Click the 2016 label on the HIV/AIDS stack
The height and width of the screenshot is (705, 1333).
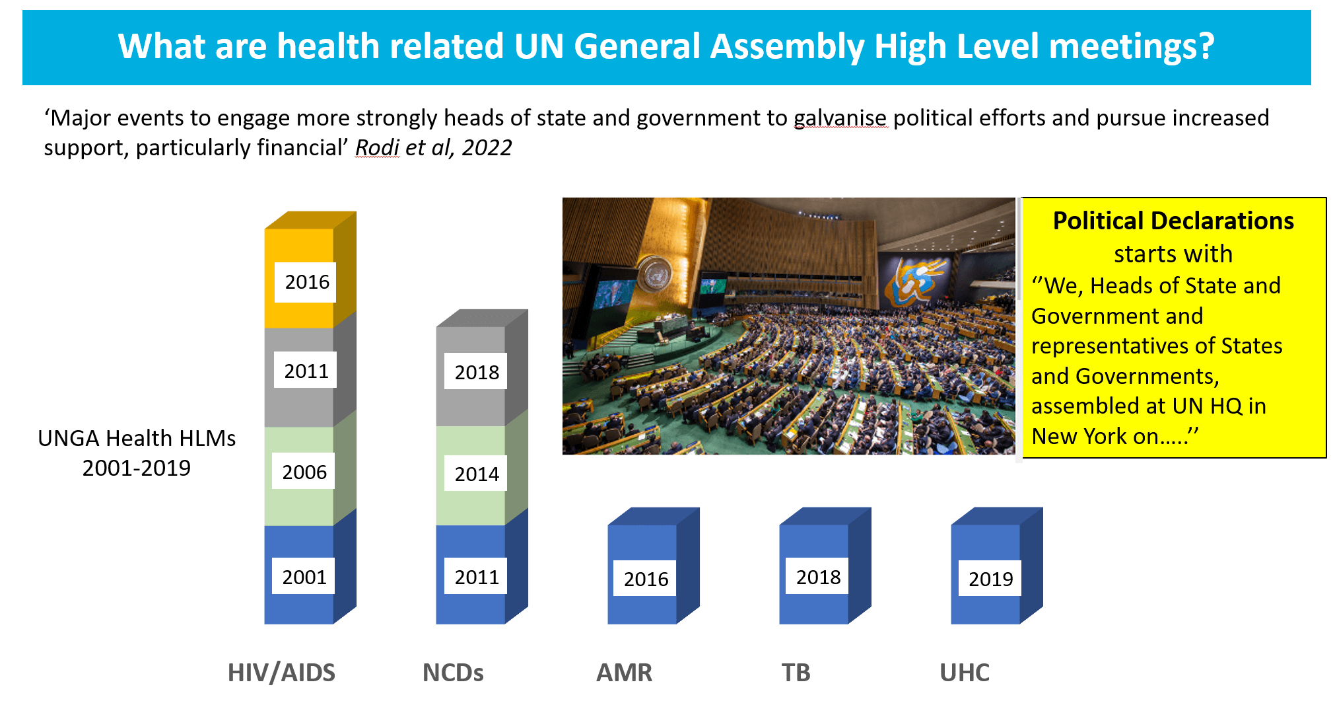[306, 282]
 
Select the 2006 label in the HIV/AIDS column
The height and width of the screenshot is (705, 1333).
[304, 472]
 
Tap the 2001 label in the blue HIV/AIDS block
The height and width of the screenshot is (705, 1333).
[304, 577]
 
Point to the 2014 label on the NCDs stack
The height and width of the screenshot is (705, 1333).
[476, 474]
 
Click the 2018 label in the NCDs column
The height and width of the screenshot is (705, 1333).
[476, 372]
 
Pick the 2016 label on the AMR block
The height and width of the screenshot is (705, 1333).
[645, 579]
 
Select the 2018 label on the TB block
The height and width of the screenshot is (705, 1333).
[817, 577]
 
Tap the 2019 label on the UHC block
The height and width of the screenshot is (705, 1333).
[990, 579]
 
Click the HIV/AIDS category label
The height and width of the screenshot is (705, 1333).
[281, 673]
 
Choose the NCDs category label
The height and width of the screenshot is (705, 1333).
[453, 673]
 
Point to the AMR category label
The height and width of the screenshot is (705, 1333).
[624, 673]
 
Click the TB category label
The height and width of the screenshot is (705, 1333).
[796, 673]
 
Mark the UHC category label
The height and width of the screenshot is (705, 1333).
[964, 673]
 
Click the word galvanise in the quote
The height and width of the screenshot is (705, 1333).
[840, 118]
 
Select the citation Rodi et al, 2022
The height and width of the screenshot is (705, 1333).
[433, 147]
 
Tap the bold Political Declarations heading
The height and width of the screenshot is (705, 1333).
[1173, 221]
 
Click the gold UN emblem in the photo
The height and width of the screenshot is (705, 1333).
[654, 274]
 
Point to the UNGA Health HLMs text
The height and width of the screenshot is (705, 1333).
[137, 438]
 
